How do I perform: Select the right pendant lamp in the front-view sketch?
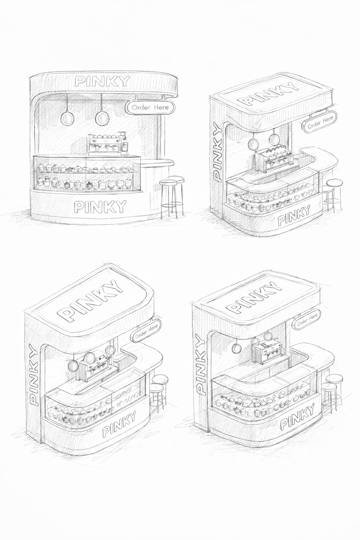click(x=102, y=117)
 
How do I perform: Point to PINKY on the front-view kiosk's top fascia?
click(x=102, y=81)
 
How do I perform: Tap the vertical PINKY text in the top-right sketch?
click(x=217, y=153)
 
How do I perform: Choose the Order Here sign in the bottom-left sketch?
click(x=147, y=332)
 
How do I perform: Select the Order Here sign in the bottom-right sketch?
click(x=307, y=320)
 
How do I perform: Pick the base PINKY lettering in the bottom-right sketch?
click(x=298, y=417)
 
